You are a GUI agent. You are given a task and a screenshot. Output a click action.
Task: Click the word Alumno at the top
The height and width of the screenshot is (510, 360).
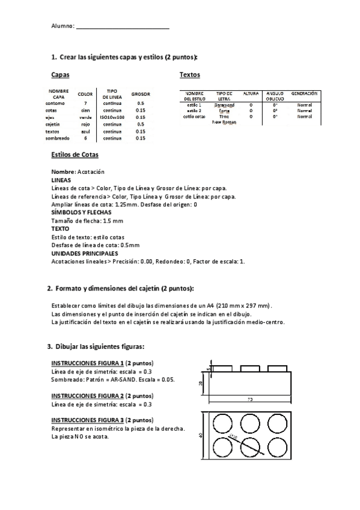point(62,26)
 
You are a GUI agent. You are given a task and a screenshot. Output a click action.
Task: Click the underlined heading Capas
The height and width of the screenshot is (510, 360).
point(60,75)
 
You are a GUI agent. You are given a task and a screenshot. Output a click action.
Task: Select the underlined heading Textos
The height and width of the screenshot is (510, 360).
point(190,75)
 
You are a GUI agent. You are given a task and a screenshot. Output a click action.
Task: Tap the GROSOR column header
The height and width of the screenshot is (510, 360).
point(140,94)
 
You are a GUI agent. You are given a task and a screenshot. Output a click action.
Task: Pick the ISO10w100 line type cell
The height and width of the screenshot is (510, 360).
point(112,117)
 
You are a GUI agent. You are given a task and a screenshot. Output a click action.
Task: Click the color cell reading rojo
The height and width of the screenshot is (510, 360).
point(85,124)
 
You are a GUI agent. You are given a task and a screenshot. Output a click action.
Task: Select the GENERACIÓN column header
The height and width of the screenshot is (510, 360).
point(304,94)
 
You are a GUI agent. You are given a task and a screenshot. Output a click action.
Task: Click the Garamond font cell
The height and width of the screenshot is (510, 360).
point(224,105)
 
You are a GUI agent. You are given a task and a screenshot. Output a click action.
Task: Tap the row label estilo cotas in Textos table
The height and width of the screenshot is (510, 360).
point(194,117)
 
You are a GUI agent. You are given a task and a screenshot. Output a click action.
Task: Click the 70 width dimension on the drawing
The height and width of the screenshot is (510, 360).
point(249,399)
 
